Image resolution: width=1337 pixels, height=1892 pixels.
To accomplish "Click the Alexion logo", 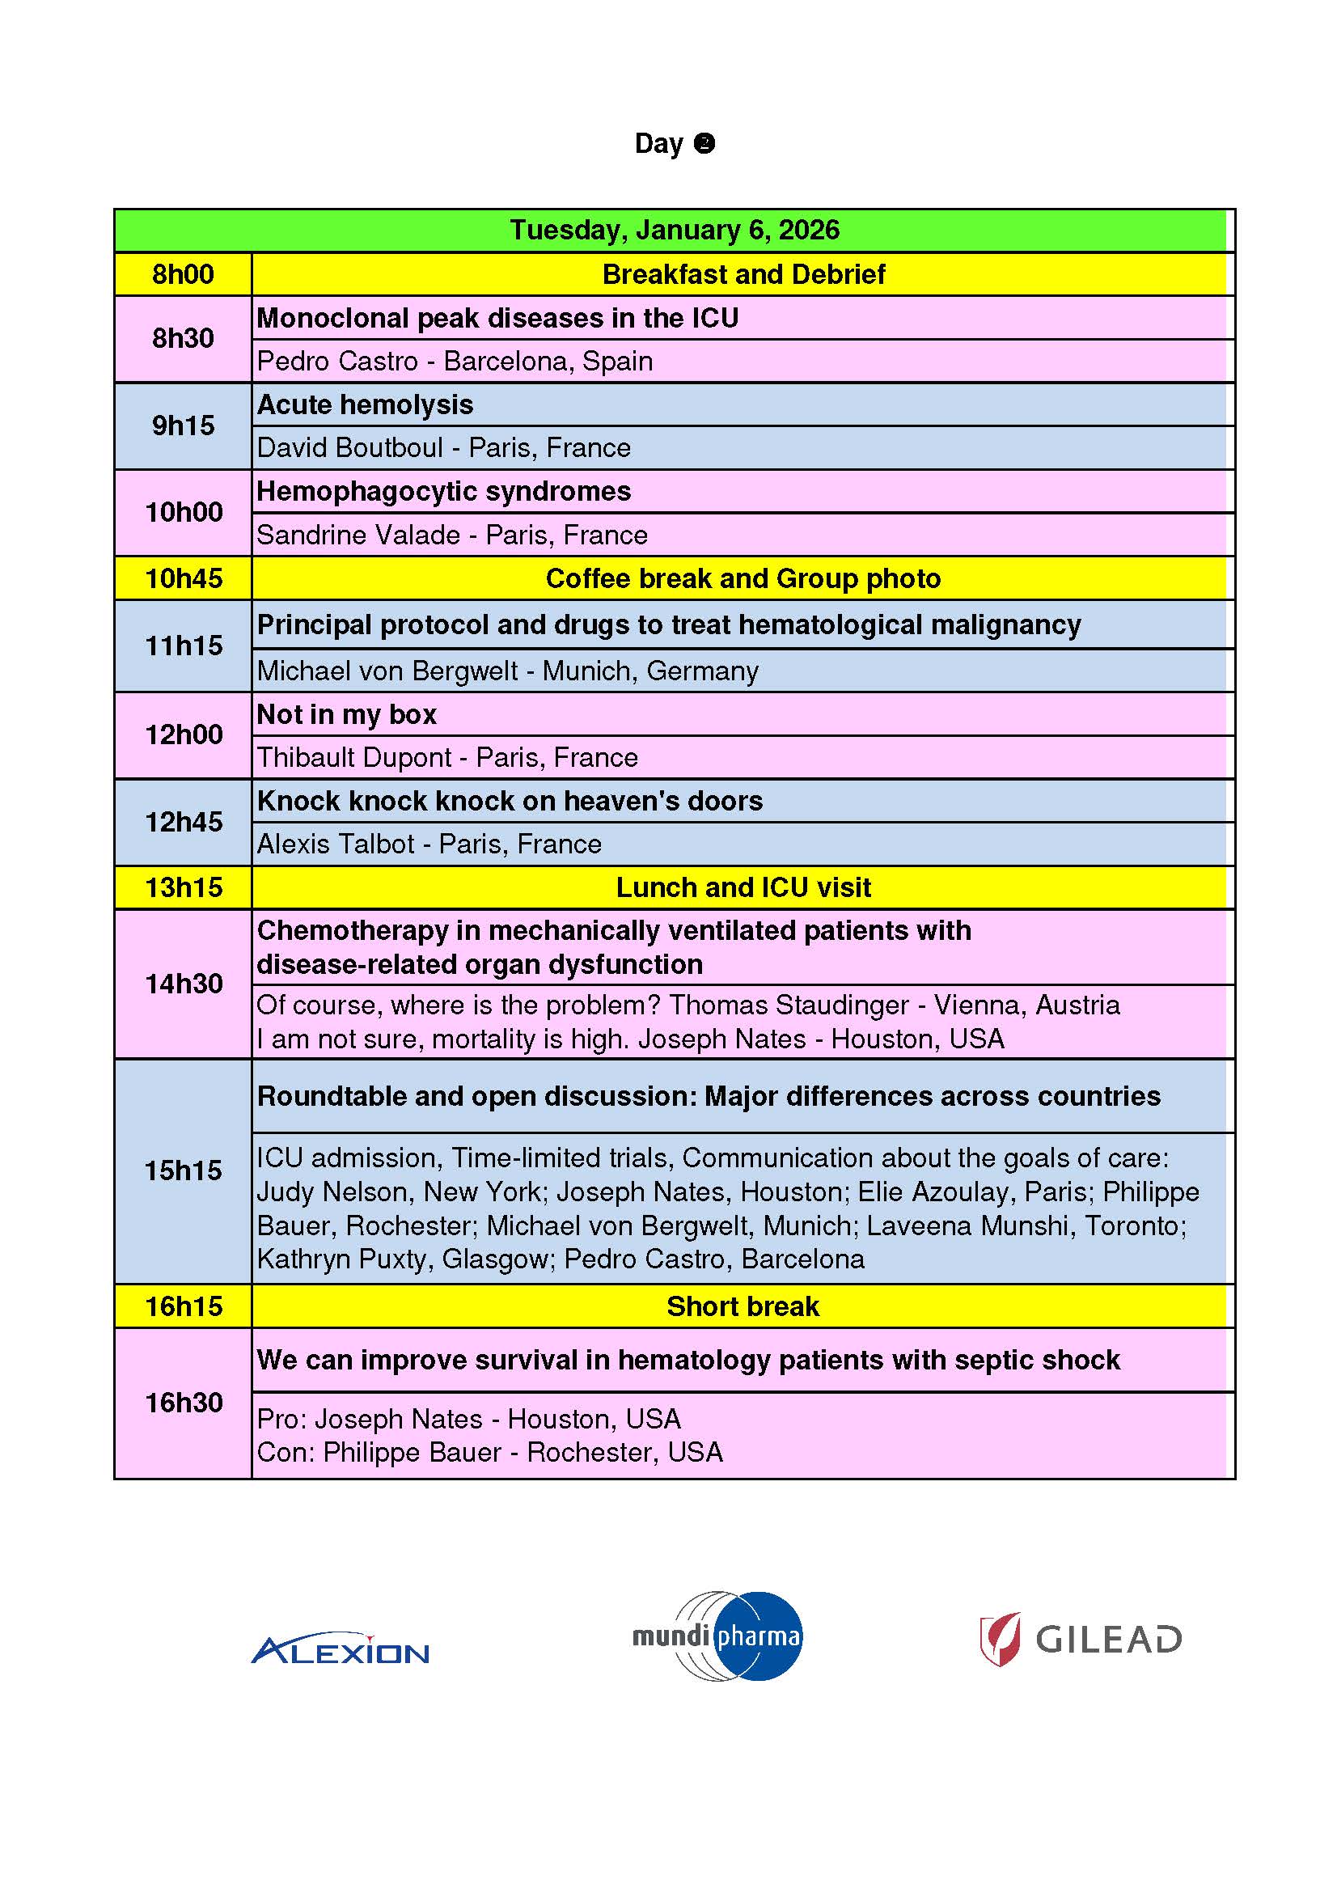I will click(340, 1649).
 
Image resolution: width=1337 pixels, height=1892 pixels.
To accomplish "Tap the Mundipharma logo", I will click(717, 1636).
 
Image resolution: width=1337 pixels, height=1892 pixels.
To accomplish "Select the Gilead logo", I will click(1080, 1639).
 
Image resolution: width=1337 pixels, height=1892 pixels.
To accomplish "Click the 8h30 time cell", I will click(183, 338).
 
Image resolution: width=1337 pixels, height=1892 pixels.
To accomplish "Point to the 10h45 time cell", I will click(183, 578).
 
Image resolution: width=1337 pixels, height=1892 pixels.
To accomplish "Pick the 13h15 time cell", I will click(183, 887).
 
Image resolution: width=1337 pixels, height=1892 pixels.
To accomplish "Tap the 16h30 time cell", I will click(183, 1403).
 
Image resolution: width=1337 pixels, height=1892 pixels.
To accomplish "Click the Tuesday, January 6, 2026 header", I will click(674, 230).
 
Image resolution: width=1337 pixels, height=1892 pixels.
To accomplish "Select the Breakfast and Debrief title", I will click(743, 274).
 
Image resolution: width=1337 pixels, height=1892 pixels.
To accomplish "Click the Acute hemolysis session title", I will click(365, 404).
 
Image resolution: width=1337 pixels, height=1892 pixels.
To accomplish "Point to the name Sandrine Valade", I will click(358, 535).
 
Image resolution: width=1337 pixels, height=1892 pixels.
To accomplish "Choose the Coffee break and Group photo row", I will click(743, 578).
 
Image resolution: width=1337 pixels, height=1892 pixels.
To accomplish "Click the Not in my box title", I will click(346, 714).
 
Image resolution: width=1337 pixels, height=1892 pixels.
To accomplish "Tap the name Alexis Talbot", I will click(336, 844).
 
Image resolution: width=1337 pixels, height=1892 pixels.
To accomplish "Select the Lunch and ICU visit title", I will click(743, 887).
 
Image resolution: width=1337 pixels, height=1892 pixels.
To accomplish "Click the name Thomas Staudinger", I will click(789, 1005).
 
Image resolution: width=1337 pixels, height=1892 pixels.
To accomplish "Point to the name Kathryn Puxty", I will click(345, 1259).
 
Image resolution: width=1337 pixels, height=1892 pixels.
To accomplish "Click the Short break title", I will click(743, 1306).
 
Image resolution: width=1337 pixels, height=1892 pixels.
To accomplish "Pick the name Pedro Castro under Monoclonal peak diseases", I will click(338, 361).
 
